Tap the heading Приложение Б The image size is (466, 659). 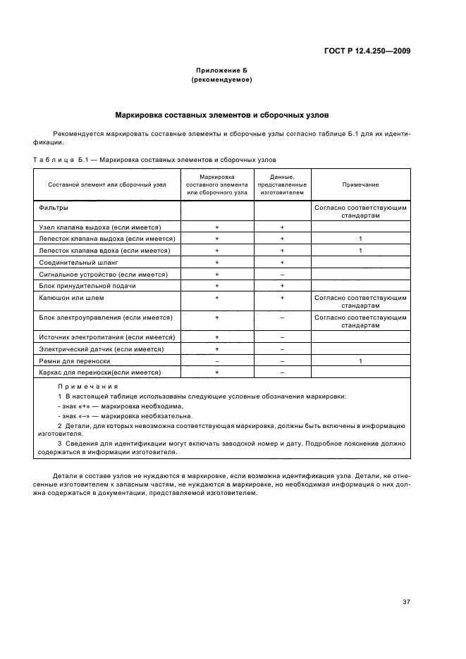click(x=221, y=71)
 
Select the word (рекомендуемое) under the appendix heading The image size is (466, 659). click(x=221, y=80)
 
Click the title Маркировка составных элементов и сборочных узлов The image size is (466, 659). click(x=221, y=113)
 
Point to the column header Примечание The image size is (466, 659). click(x=360, y=184)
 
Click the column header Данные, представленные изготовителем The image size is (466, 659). click(x=282, y=184)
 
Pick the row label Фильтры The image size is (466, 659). click(x=54, y=208)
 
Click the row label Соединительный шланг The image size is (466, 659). click(x=74, y=262)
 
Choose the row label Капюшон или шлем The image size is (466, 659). click(x=70, y=298)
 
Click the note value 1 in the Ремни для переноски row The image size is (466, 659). click(x=360, y=360)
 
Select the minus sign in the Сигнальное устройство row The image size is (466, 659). click(x=282, y=274)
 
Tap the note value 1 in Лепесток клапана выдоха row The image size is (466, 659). click(x=360, y=239)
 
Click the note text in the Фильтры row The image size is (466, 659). click(x=360, y=212)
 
